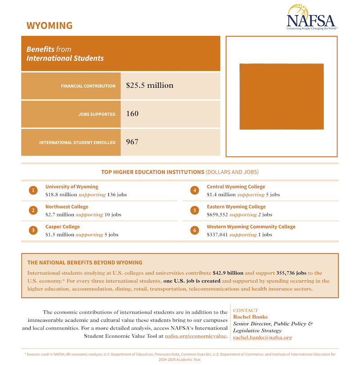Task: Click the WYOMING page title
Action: coord(49,25)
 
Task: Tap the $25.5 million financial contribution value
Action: coord(149,86)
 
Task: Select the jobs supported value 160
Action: coord(132,114)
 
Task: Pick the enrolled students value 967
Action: coord(132,142)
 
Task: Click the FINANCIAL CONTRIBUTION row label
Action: coord(88,86)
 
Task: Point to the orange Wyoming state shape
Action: coord(281,97)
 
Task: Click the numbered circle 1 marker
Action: coord(33,190)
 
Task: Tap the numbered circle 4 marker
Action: coord(194,190)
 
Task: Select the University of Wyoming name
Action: coord(72,187)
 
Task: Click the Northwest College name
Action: coord(67,207)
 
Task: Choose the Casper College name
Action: coord(63,227)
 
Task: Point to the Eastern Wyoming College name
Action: coord(236,207)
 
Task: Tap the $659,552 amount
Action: coord(217,215)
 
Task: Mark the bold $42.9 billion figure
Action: coord(228,273)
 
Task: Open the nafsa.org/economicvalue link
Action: coord(195,336)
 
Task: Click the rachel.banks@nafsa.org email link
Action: coord(262,337)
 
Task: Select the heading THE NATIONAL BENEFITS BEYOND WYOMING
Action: coord(85,262)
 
